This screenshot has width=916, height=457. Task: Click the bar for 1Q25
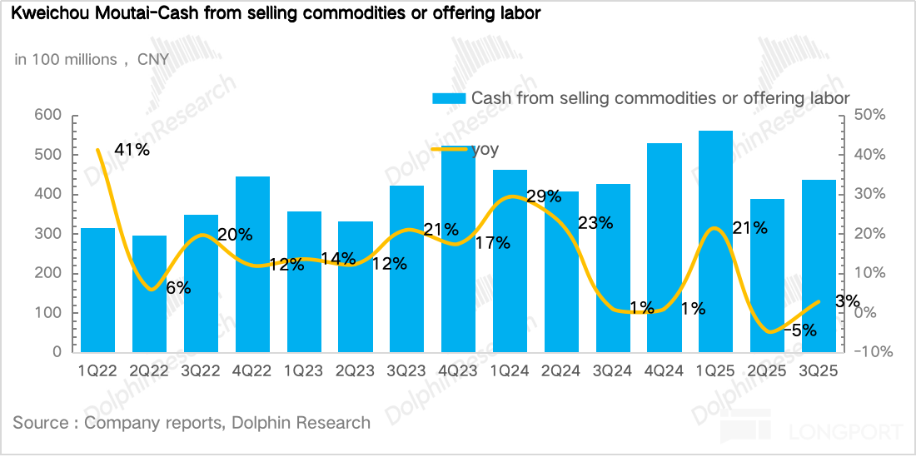(x=715, y=241)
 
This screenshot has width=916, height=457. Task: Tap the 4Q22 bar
(x=252, y=264)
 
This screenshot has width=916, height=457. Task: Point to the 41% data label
(x=132, y=150)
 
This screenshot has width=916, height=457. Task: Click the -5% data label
(x=799, y=330)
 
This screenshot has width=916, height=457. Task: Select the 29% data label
(x=543, y=196)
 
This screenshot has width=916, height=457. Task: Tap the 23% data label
(x=595, y=222)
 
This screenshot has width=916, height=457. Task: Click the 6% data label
(x=178, y=288)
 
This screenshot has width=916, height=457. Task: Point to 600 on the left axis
(x=48, y=115)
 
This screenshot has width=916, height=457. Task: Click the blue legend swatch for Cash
(x=448, y=98)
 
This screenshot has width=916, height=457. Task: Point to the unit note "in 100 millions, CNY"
(x=91, y=59)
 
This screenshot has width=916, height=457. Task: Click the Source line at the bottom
(x=192, y=423)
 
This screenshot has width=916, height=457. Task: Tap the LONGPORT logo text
(x=846, y=432)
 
